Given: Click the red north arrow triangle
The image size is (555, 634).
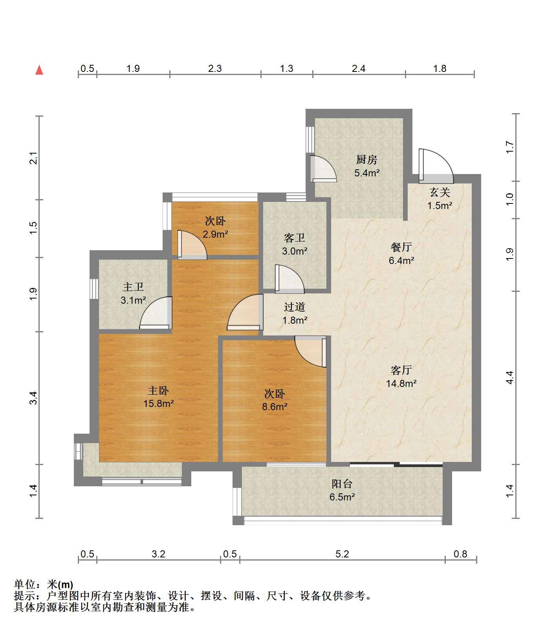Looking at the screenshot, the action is (39, 70).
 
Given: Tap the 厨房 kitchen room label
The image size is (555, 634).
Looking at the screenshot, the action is (366, 159).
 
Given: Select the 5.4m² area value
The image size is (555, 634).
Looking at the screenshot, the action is (367, 173).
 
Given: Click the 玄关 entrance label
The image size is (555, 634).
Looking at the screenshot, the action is (440, 192).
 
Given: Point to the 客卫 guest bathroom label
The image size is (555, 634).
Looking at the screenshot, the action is (295, 238).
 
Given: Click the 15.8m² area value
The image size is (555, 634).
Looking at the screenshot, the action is (159, 403).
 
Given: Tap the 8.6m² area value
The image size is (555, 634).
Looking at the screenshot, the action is (275, 407).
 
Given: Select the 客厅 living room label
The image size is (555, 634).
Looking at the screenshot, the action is (401, 370).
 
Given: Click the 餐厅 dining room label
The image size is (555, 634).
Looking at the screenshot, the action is (401, 247).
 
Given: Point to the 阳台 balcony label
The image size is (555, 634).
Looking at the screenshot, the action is (342, 484).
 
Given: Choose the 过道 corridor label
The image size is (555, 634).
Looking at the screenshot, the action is (295, 307).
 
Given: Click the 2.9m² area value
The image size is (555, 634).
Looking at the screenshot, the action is (216, 235).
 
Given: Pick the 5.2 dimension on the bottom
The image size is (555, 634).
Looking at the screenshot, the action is (342, 554).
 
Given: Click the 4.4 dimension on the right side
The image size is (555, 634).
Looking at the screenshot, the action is (509, 377).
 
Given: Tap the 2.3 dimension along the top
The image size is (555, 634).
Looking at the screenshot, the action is (215, 69).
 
